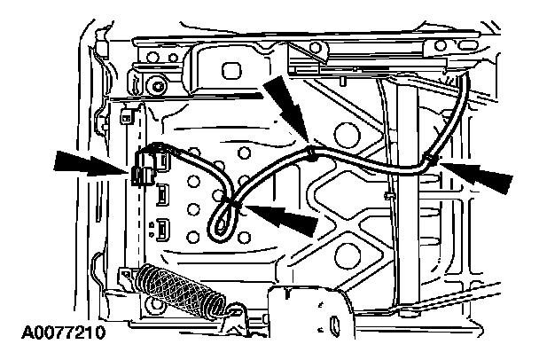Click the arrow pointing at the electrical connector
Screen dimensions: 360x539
[x=89, y=164]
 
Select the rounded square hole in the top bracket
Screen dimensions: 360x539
[x=235, y=69]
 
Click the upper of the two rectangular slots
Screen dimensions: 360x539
[x=164, y=193]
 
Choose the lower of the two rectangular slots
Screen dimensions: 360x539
[x=164, y=229]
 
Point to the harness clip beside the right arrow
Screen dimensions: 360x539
[x=429, y=160]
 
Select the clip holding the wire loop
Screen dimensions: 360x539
[x=234, y=206]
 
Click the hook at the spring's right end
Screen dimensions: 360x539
[x=234, y=310]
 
